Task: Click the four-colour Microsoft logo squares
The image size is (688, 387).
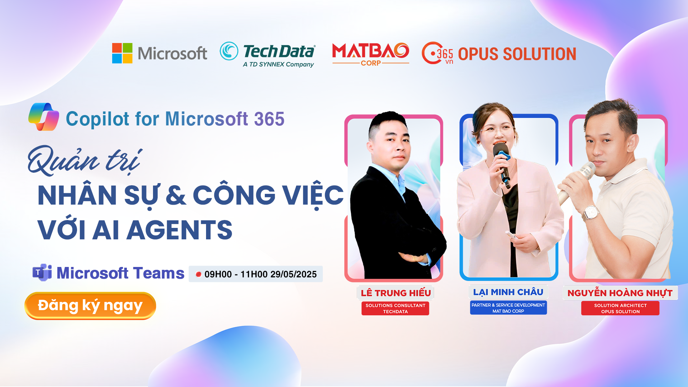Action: [122, 53]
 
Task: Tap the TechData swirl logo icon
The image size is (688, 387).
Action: [229, 51]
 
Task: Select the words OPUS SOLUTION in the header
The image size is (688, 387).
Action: [517, 54]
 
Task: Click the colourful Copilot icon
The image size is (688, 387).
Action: [44, 117]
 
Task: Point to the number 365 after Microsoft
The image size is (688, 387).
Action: [269, 119]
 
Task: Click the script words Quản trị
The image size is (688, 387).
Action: [85, 160]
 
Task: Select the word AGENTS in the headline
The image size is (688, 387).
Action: [180, 230]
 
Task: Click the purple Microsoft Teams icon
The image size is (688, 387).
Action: [42, 273]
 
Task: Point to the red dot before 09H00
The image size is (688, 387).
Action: [198, 274]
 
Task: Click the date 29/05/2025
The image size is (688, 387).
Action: [293, 274]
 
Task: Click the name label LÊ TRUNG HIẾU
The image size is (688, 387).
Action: [396, 293]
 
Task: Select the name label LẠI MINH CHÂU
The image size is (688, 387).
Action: [508, 292]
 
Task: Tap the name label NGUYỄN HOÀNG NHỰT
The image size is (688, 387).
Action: [620, 293]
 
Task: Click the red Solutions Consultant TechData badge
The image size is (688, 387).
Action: [395, 309]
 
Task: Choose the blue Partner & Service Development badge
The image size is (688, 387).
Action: [508, 308]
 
